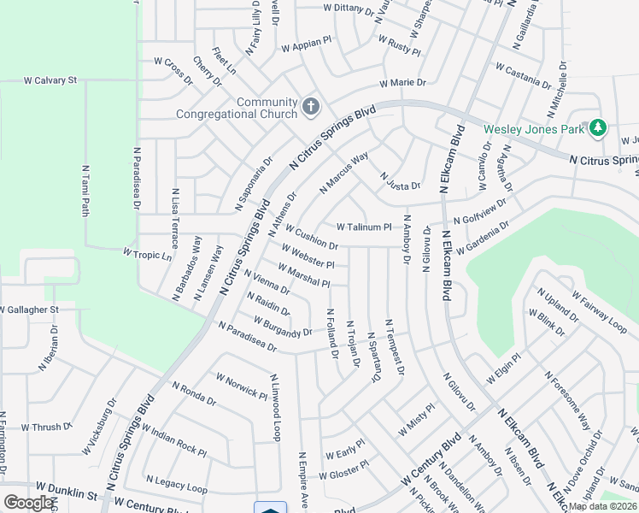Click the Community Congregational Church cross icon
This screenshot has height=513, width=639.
click(x=311, y=108)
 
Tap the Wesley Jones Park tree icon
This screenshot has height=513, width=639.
click(x=598, y=128)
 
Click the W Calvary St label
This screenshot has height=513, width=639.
click(x=50, y=80)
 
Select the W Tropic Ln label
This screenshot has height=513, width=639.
click(x=148, y=254)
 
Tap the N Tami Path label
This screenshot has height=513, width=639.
click(x=85, y=191)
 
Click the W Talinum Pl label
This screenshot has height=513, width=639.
click(x=363, y=227)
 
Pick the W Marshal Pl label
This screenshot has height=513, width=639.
click(x=298, y=275)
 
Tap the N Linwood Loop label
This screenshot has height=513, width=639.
click(x=274, y=407)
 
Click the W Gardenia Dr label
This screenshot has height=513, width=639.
click(x=484, y=237)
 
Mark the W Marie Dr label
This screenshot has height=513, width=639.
click(x=403, y=83)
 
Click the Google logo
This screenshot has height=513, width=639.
click(x=27, y=503)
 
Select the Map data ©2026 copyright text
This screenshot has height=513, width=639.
click(x=603, y=506)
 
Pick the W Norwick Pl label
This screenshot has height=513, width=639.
click(x=242, y=386)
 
